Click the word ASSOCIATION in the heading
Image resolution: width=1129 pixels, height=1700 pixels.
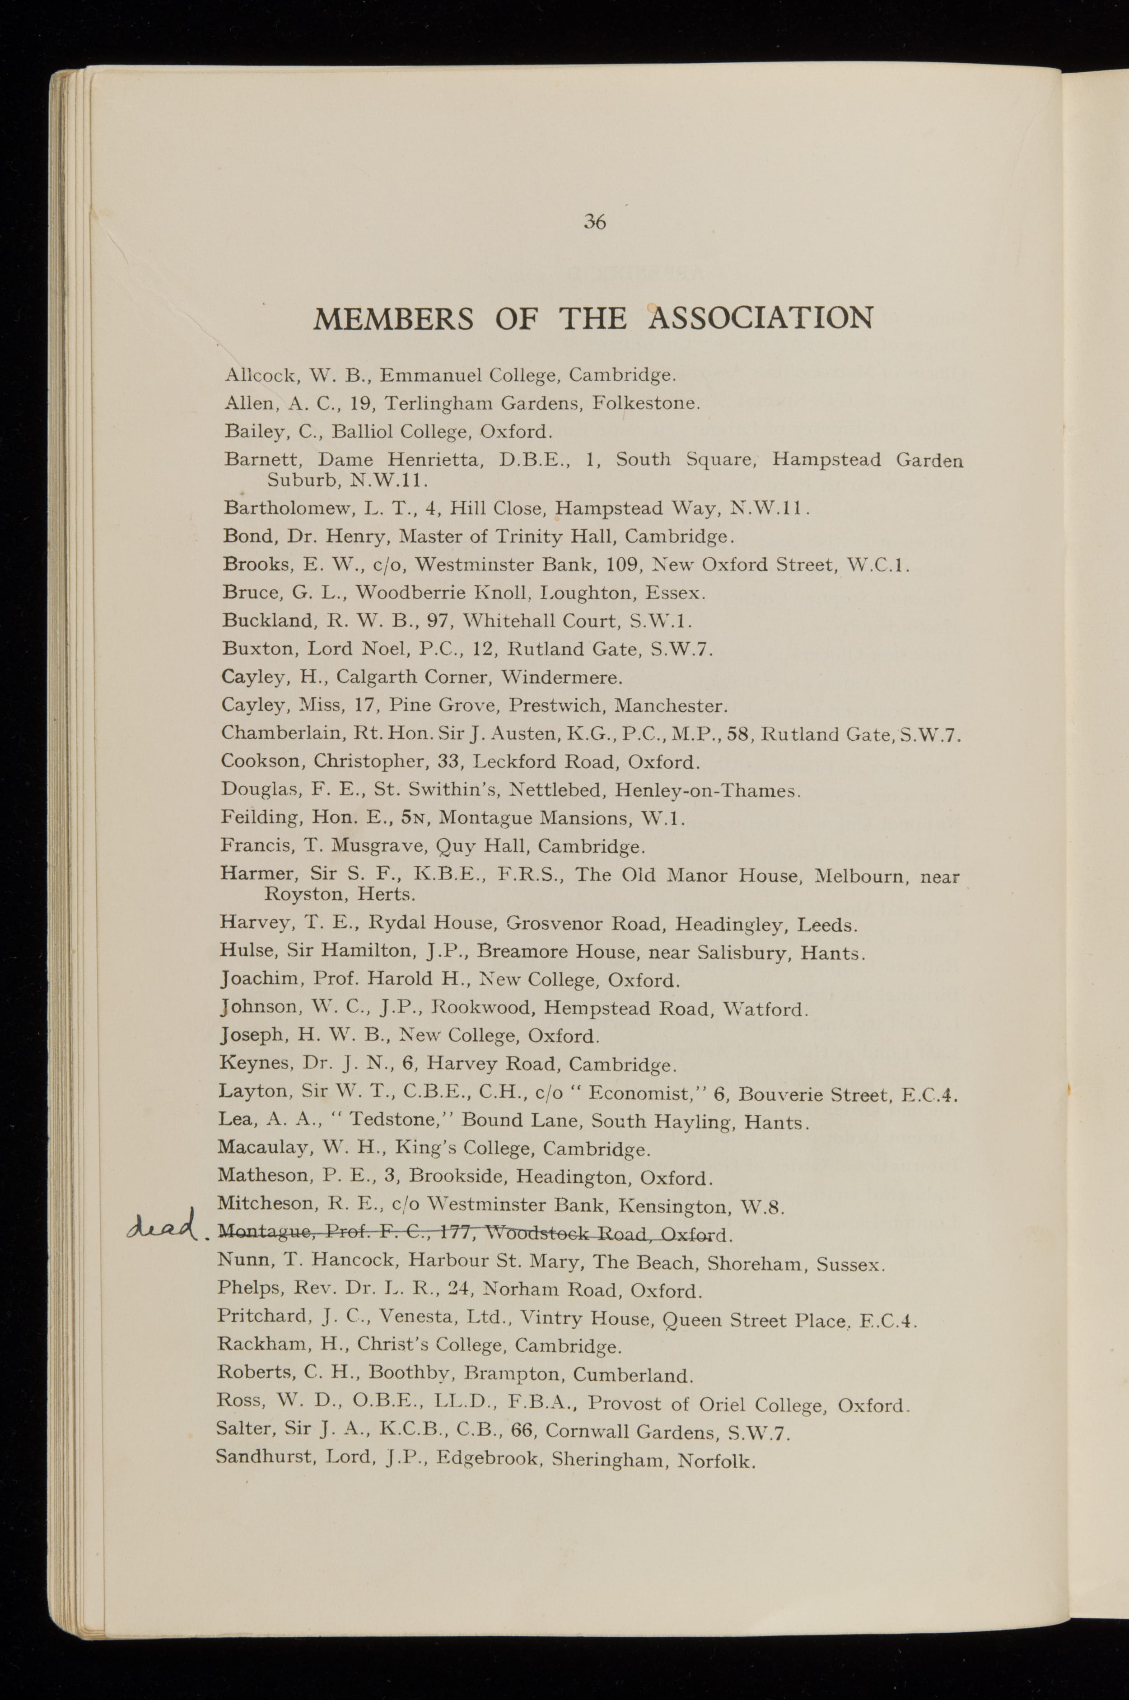click(x=761, y=318)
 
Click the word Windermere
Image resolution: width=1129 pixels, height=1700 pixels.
click(x=562, y=677)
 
